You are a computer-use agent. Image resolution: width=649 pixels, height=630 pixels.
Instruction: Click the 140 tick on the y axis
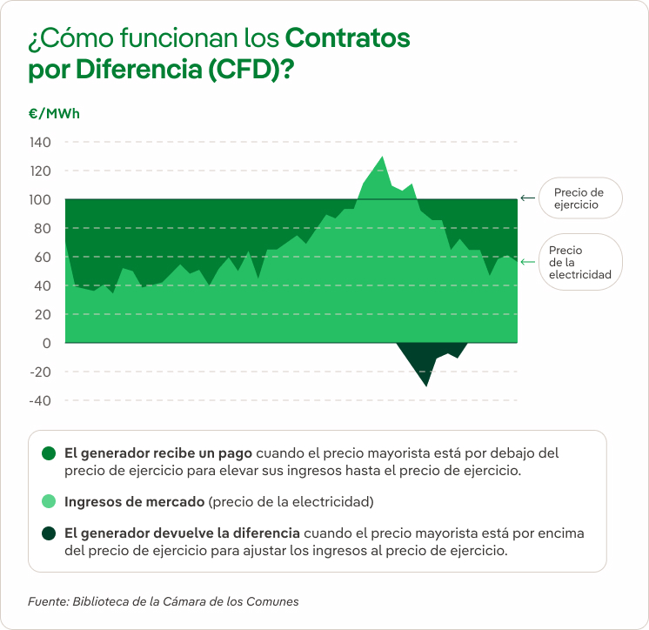click(x=40, y=143)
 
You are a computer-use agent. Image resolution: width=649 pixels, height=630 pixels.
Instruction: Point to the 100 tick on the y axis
click(x=40, y=200)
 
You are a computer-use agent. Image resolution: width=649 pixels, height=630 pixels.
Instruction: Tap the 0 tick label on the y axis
click(x=46, y=343)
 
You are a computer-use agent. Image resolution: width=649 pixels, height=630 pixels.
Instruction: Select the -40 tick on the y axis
click(x=39, y=400)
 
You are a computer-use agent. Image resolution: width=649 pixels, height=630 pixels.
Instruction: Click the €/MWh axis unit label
click(x=54, y=113)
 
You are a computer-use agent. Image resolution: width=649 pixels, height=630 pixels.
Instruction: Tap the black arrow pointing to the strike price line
click(x=527, y=198)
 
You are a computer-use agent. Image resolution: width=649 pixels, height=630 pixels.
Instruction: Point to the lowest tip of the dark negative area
click(x=426, y=384)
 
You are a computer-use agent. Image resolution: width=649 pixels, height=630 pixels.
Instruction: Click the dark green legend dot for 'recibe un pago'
click(x=49, y=453)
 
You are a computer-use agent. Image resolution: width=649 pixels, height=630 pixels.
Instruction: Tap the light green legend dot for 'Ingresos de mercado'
click(x=49, y=502)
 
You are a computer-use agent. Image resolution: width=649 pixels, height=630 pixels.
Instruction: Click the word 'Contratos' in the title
click(x=347, y=38)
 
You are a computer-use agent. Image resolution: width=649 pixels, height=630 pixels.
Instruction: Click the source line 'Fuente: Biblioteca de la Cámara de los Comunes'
click(x=164, y=601)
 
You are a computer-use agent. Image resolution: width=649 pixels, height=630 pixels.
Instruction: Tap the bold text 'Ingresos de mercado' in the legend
click(x=134, y=502)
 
